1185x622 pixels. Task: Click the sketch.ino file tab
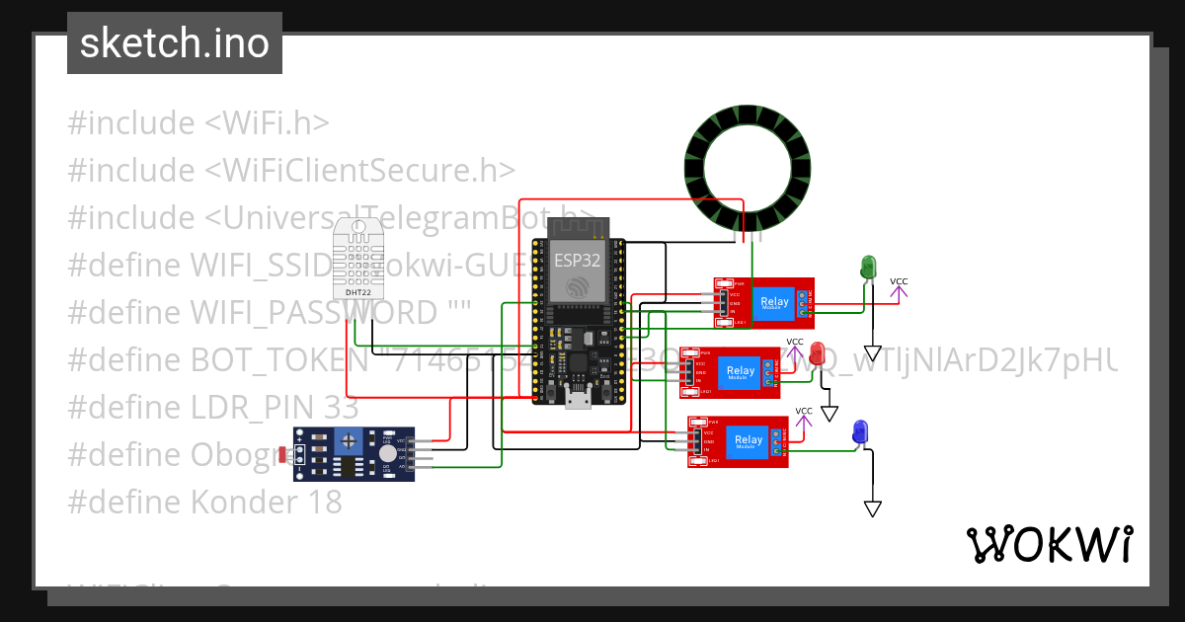[x=174, y=43]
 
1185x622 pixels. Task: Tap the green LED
[x=868, y=267]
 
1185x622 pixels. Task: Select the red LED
[x=818, y=352]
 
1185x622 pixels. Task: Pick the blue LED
[x=860, y=431]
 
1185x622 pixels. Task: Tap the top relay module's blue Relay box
[x=774, y=302]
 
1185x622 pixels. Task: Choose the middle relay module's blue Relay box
[x=740, y=372]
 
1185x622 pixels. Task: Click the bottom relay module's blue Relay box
[x=749, y=441]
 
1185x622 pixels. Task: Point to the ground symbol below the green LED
[x=872, y=352]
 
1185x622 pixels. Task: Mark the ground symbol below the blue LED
[x=872, y=508]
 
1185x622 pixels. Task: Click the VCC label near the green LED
[x=899, y=282]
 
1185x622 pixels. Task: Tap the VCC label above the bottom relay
[x=804, y=412]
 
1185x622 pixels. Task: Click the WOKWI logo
[x=1049, y=544]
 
